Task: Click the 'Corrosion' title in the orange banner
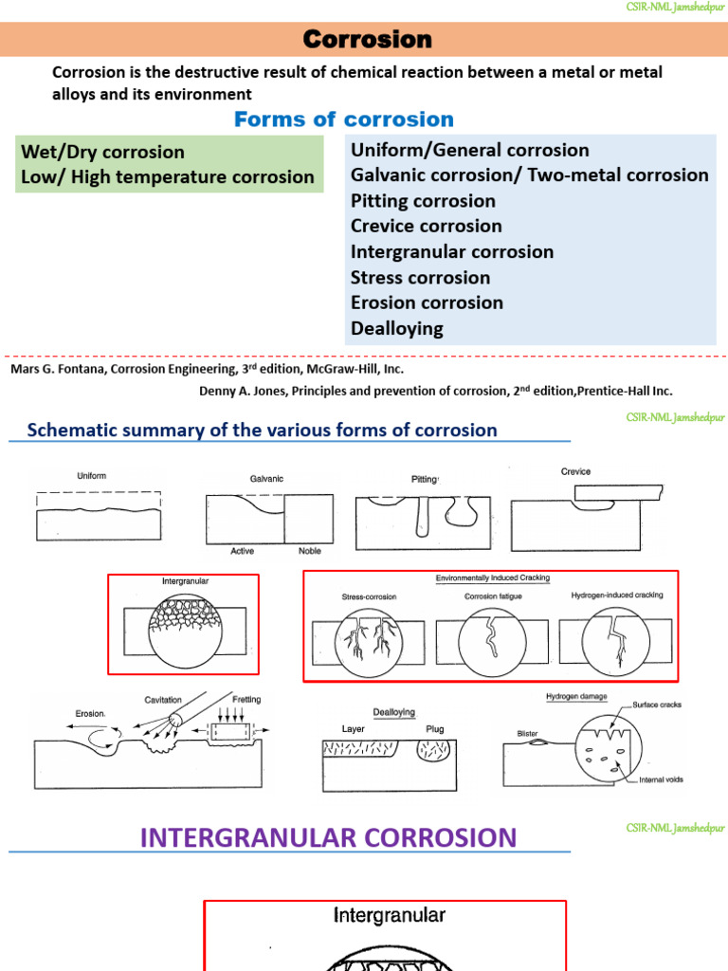[x=367, y=39]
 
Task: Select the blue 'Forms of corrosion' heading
[x=344, y=119]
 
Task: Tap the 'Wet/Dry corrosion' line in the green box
[x=103, y=152]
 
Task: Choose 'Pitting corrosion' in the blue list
[x=423, y=201]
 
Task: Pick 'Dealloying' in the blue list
[x=397, y=328]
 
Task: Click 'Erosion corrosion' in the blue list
[x=427, y=302]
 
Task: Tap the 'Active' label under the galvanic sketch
[x=243, y=551]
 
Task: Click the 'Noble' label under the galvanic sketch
[x=310, y=551]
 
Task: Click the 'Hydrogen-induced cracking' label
[x=616, y=595]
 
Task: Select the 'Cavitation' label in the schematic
[x=162, y=700]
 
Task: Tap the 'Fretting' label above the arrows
[x=246, y=700]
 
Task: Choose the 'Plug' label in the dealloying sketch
[x=435, y=729]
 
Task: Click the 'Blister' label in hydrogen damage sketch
[x=528, y=733]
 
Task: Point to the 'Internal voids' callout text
[x=661, y=779]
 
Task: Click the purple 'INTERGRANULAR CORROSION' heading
[x=328, y=837]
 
